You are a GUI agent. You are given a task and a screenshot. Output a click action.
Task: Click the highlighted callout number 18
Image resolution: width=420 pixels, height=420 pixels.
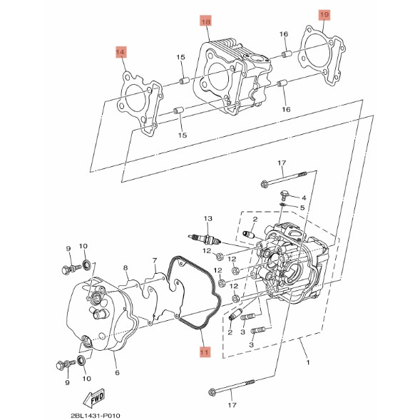click(x=205, y=21)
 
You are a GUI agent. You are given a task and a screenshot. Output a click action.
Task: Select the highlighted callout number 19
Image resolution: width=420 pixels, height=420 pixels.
click(x=324, y=15)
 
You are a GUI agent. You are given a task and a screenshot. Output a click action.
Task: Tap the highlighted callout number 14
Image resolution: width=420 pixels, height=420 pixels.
click(x=121, y=52)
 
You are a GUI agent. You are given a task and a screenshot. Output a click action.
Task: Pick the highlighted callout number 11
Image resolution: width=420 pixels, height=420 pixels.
click(x=205, y=352)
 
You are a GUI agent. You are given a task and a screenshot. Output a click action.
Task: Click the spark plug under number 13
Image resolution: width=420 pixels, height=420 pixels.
click(x=205, y=238)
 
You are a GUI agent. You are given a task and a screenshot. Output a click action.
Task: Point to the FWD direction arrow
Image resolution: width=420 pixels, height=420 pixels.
click(x=93, y=398)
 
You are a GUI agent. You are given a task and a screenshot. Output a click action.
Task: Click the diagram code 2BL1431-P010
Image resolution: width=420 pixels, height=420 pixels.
click(x=96, y=416)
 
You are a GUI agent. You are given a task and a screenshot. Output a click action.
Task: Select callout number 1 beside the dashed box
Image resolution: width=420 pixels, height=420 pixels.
click(x=308, y=362)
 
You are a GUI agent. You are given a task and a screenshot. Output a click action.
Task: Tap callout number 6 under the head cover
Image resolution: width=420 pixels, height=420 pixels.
click(x=117, y=372)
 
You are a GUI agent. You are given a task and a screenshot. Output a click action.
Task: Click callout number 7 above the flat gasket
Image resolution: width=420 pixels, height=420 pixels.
click(x=154, y=260)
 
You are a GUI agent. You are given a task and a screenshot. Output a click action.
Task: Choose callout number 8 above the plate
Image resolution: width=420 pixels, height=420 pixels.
click(x=126, y=267)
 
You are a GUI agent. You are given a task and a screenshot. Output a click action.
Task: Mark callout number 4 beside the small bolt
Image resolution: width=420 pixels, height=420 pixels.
click(x=304, y=198)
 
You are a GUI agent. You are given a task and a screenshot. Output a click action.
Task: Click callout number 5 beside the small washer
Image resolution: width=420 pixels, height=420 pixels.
click(x=302, y=208)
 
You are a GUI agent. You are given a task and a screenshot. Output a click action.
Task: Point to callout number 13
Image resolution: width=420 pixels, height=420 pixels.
click(x=208, y=219)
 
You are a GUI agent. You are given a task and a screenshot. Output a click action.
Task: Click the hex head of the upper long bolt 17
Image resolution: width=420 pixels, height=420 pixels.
click(x=264, y=184)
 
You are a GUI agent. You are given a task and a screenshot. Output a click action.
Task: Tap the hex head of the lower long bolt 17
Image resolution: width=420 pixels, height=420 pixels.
click(x=212, y=393)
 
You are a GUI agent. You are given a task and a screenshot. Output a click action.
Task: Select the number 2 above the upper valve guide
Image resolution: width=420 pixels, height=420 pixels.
click(x=255, y=220)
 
